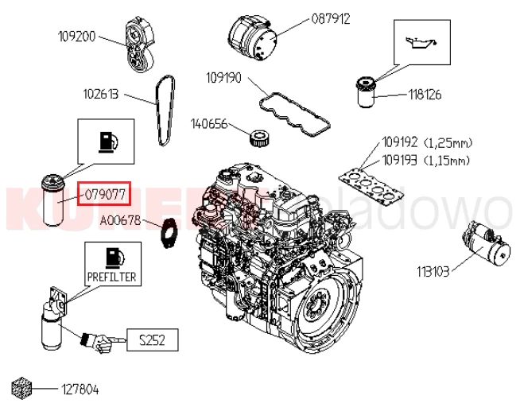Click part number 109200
76,37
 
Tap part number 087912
330,18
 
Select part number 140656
209,124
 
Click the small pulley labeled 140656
260,137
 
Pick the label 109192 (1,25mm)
427,144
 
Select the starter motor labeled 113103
486,244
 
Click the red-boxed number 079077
103,193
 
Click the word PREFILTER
111,277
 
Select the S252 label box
151,341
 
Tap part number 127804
80,390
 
